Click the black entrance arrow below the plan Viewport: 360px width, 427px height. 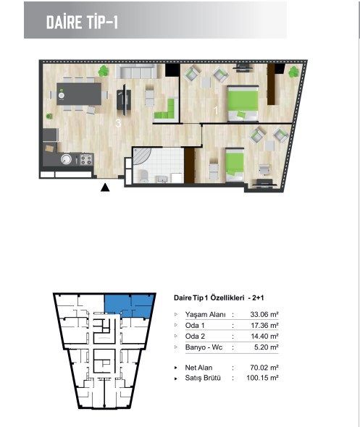(x=105, y=187)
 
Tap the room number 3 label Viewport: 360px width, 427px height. (x=118, y=123)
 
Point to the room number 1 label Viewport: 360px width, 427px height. (x=216, y=111)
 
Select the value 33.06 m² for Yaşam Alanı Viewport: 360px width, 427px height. (x=264, y=315)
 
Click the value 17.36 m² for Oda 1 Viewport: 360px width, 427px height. (x=264, y=326)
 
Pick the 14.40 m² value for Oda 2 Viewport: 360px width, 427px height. (x=264, y=337)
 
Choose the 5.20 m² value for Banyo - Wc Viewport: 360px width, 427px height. (x=266, y=347)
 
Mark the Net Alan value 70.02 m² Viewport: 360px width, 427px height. (x=264, y=368)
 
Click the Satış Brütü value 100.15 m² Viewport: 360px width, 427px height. (x=262, y=378)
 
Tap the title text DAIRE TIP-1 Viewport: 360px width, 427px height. (x=82, y=22)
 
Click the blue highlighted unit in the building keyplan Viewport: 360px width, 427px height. (x=129, y=305)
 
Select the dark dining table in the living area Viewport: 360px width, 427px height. (x=79, y=94)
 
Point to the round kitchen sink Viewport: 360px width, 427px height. (x=66, y=159)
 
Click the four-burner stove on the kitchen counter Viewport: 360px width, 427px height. (x=86, y=159)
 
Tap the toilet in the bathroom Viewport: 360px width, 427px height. (x=143, y=176)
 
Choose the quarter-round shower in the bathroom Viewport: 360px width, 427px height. (x=142, y=156)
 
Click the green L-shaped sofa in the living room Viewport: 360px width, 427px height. (x=167, y=110)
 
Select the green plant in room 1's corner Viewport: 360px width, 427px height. (x=294, y=72)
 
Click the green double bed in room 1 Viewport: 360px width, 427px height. (x=243, y=103)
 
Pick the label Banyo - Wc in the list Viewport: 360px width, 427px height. (x=204, y=347)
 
